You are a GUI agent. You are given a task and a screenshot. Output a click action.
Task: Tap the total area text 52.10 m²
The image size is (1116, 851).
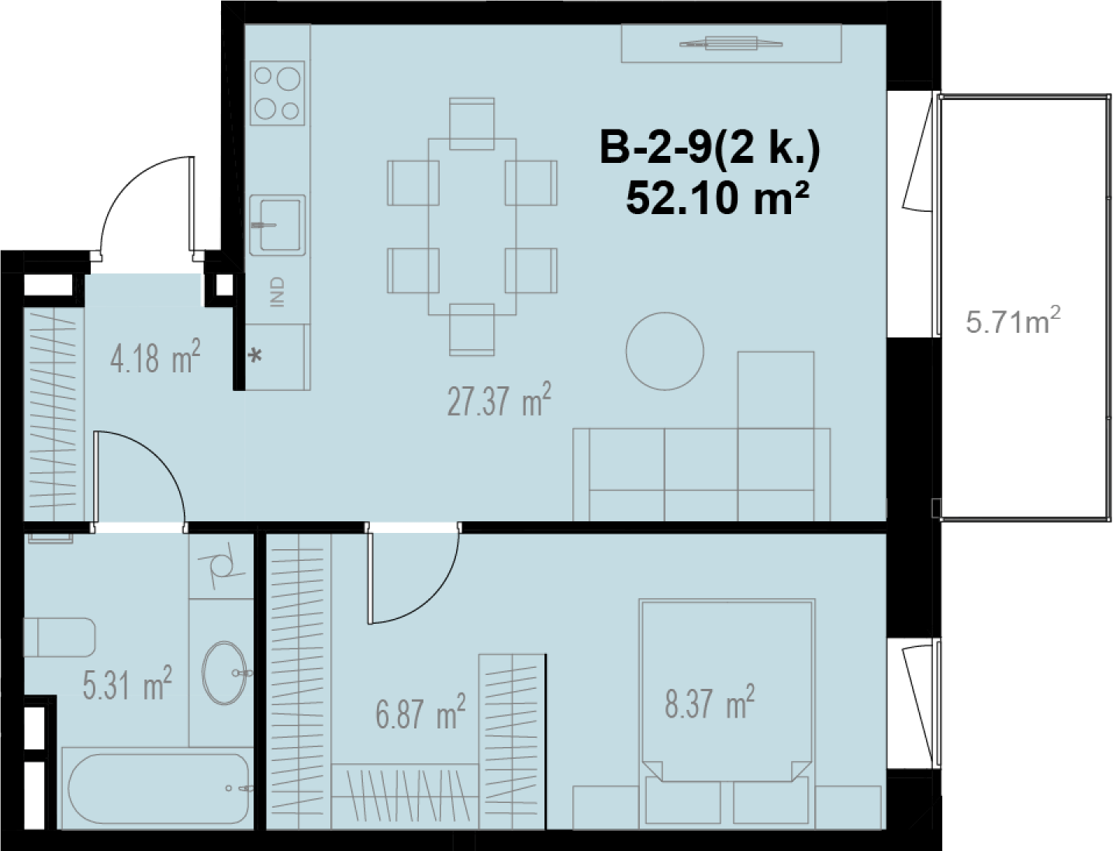click(x=717, y=199)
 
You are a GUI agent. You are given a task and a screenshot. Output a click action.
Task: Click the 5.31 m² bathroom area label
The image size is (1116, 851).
click(x=128, y=683)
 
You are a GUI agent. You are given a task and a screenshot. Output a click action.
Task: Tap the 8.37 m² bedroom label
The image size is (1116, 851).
click(x=710, y=701)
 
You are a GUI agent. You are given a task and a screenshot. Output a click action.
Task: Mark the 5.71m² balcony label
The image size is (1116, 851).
click(x=1014, y=321)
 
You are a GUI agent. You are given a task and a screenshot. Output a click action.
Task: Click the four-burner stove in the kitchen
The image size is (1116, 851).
click(x=278, y=93)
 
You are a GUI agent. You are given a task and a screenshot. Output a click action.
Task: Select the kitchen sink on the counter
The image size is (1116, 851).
click(x=278, y=225)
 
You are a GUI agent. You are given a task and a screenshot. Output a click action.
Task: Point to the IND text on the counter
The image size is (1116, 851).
click(x=278, y=292)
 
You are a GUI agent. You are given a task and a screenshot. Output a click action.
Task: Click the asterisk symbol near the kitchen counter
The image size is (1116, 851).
click(x=255, y=356)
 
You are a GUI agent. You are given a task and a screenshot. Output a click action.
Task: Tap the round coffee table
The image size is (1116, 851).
click(x=665, y=351)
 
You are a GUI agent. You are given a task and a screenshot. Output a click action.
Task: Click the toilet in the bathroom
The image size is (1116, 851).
click(x=60, y=638)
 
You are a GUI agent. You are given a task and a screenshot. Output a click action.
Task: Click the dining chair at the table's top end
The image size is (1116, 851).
click(x=472, y=124)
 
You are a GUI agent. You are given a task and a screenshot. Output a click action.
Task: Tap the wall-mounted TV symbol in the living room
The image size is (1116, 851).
click(x=731, y=43)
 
